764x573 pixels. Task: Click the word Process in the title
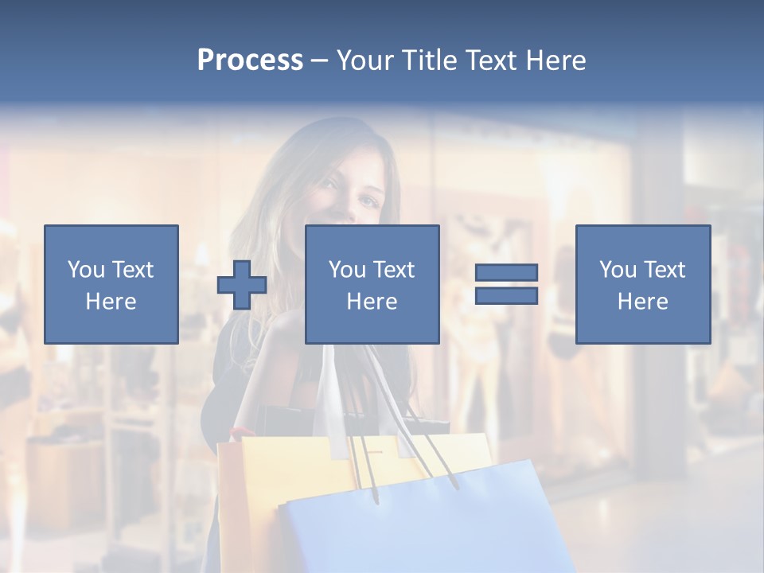pos(250,60)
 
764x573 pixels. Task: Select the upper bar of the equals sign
pos(506,272)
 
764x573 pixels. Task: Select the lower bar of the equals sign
pos(506,295)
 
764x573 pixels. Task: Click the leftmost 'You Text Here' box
pos(111,284)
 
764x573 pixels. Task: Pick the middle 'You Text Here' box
pos(372,284)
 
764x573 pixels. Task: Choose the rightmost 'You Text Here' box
pos(642,284)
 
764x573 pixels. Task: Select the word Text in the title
pos(491,60)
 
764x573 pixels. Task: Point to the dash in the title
pos(319,60)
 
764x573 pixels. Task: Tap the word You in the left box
pos(85,270)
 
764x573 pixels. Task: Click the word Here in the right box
pos(642,302)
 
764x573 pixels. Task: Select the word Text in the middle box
pos(393,270)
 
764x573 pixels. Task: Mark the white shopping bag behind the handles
pos(330,398)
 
